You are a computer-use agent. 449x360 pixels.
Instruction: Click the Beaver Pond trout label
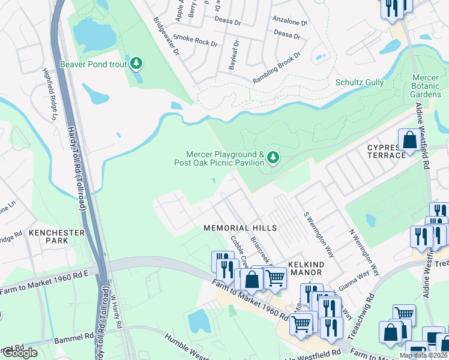[x=93, y=63]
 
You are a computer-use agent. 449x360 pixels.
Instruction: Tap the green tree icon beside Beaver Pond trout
[x=137, y=63]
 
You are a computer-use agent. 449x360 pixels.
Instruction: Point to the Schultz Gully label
[x=359, y=83]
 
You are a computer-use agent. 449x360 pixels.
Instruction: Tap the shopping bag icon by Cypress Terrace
[x=410, y=140]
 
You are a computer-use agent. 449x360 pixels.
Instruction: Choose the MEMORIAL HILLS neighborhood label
[x=240, y=228]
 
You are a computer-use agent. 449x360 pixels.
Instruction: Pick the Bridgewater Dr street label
[x=166, y=37]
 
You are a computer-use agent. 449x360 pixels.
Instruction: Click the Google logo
[x=20, y=353]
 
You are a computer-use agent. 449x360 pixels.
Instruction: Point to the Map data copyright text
[x=423, y=355]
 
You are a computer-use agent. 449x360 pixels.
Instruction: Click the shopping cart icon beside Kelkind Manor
[x=275, y=277]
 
